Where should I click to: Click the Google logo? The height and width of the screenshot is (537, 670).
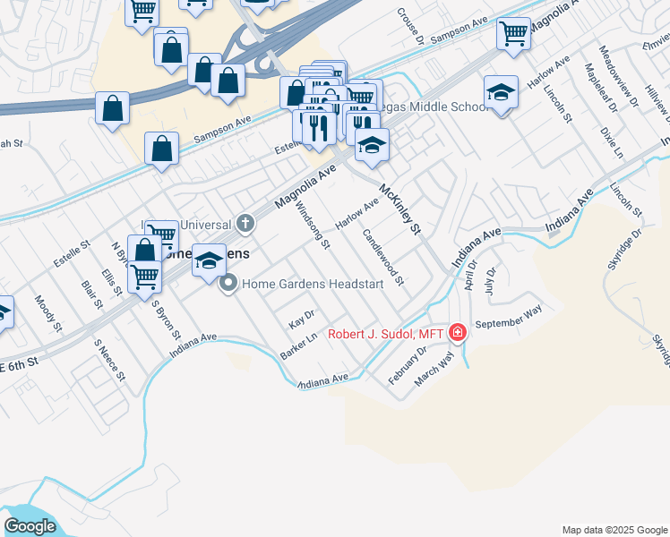tap(30, 526)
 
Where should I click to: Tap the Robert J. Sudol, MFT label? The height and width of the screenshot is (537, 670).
tap(386, 334)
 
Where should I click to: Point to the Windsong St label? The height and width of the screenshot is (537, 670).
tap(313, 225)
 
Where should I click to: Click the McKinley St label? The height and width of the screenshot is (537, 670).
tap(400, 210)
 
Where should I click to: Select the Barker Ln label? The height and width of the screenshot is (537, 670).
tap(300, 344)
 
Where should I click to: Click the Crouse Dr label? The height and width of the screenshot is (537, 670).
tap(410, 28)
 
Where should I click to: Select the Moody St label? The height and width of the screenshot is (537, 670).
tap(47, 314)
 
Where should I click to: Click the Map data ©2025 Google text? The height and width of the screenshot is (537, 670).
tap(614, 530)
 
